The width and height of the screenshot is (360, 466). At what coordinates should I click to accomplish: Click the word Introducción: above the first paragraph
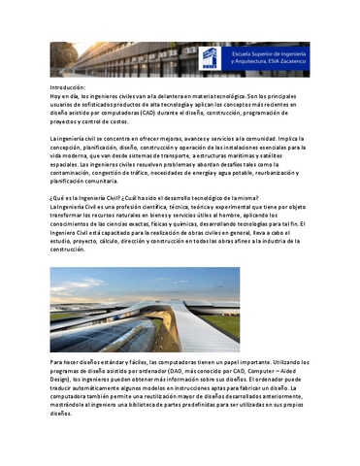point(70,87)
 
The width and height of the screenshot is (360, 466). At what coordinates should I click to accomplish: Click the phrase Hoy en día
point(64,95)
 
